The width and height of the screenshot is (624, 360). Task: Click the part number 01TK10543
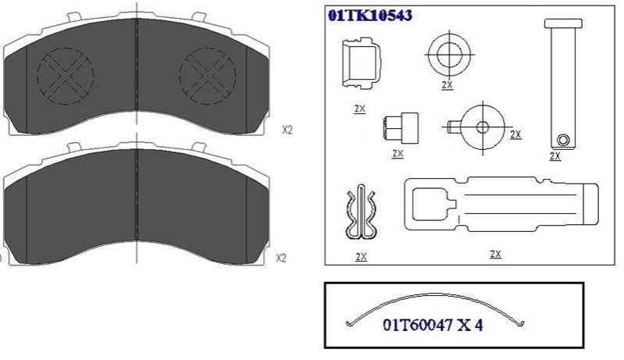tap(369, 15)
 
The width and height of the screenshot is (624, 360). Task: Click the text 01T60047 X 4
tap(433, 325)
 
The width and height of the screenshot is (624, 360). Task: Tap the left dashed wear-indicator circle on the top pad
tap(66, 76)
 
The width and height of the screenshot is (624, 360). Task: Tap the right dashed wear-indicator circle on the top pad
tap(208, 76)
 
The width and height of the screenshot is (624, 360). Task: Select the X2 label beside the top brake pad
tap(287, 130)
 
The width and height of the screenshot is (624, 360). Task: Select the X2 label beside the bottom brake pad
tap(281, 258)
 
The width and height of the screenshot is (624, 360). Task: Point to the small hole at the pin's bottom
tap(563, 140)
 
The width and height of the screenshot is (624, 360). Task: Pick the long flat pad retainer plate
tap(501, 204)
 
